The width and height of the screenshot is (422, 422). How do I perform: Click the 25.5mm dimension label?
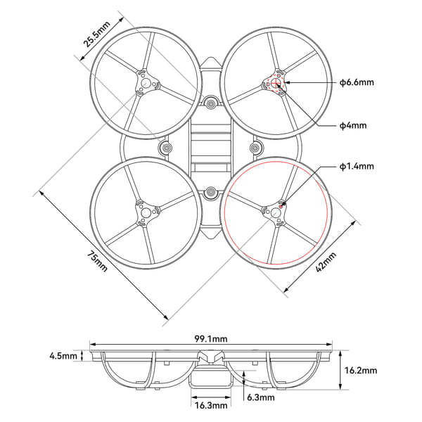(96, 32)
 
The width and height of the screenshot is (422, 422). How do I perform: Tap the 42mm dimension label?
(325, 261)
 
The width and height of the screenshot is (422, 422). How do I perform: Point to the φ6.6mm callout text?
(357, 82)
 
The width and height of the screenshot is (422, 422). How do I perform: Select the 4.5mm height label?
(63, 356)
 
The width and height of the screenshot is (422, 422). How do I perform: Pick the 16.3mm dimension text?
(210, 405)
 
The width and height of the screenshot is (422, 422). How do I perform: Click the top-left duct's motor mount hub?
(147, 84)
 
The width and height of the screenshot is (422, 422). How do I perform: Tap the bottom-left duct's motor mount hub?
(147, 212)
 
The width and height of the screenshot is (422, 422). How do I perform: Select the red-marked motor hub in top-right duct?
(276, 84)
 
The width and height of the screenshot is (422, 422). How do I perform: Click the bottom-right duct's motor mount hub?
(276, 212)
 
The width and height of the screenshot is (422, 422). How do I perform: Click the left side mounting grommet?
(167, 148)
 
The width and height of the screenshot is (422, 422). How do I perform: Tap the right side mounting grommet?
(256, 148)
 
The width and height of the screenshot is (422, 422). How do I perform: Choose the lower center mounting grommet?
(211, 191)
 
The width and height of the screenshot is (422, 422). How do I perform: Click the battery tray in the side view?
(210, 381)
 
